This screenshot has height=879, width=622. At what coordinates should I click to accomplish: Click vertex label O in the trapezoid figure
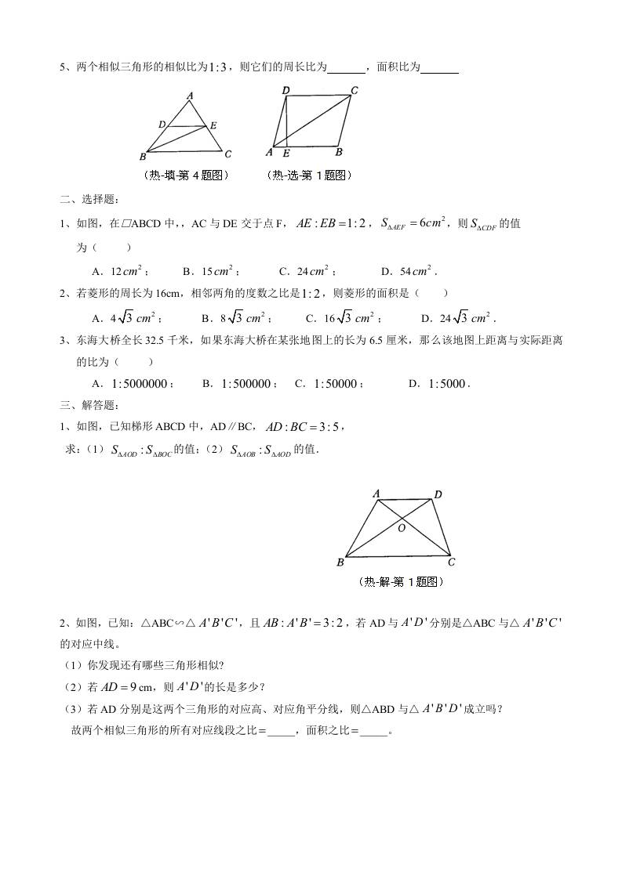pyautogui.click(x=402, y=528)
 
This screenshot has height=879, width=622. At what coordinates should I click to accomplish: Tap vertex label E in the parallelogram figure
pyautogui.click(x=286, y=153)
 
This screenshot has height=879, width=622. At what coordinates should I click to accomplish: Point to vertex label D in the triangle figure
pyautogui.click(x=162, y=124)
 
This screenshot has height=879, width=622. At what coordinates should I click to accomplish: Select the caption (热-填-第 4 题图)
pyautogui.click(x=186, y=175)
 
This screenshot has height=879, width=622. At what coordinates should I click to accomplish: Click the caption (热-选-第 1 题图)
pyautogui.click(x=309, y=175)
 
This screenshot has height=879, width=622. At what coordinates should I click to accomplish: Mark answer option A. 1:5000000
pyautogui.click(x=133, y=384)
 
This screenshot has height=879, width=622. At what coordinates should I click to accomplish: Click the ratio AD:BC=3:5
pyautogui.click(x=303, y=427)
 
